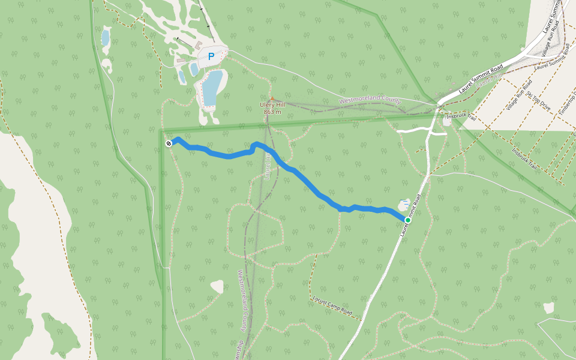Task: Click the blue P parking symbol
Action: pos(211,56)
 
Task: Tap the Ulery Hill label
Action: pos(272,106)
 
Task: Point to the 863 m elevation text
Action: pos(272,112)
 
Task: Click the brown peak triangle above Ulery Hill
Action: pos(272,98)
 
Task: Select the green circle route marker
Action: pos(408,220)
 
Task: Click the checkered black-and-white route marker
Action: pos(169,143)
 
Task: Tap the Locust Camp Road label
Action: pos(332,306)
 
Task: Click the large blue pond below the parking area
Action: pos(211,86)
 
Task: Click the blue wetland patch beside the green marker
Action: pos(407,205)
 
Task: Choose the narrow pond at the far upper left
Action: pos(106,38)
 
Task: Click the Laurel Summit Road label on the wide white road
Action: pos(480,80)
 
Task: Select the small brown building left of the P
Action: pos(198,46)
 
